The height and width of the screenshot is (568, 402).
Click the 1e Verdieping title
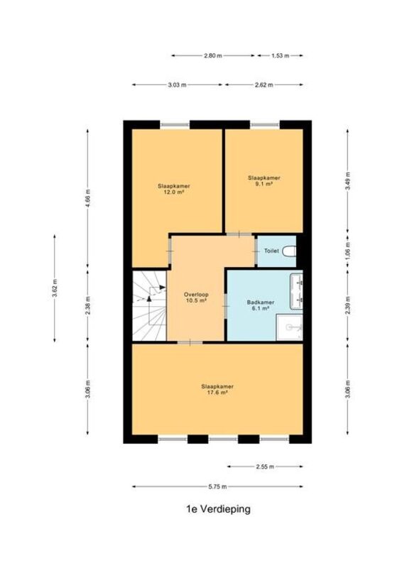coord(218,509)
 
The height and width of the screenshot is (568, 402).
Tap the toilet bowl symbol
coord(289,251)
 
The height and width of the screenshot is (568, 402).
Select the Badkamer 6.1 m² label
coord(260,305)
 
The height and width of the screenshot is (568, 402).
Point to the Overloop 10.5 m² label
coord(196,297)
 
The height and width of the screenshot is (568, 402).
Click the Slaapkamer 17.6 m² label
coord(217,389)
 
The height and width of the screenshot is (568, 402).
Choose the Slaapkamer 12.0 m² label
coord(173,189)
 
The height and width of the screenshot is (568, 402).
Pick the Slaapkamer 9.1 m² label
coord(264,181)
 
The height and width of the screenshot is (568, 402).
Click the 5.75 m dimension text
coord(217,486)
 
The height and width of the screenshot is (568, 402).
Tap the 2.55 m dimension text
coord(265,466)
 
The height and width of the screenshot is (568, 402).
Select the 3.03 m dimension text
coord(178,84)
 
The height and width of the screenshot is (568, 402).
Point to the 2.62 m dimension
coord(264,84)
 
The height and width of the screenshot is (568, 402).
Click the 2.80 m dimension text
coord(213,56)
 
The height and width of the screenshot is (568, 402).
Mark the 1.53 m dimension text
coord(281,56)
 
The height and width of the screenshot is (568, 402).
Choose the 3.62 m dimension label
coord(55,288)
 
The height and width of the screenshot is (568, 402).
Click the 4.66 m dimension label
coord(88,198)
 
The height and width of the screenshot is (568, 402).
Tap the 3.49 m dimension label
coord(347,181)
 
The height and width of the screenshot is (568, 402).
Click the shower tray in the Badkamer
coord(289,327)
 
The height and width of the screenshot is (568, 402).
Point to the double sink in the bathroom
coord(296,291)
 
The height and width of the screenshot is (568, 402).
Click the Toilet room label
coord(271,251)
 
